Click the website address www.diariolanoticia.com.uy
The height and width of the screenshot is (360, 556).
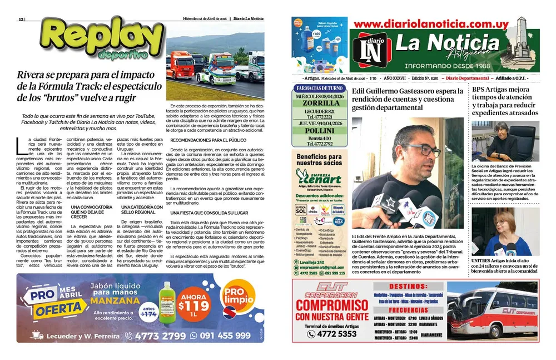click(430, 24)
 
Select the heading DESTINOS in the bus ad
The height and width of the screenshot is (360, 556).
click(408, 287)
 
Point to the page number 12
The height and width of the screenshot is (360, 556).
click(21, 18)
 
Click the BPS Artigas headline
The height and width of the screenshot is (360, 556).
click(505, 101)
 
